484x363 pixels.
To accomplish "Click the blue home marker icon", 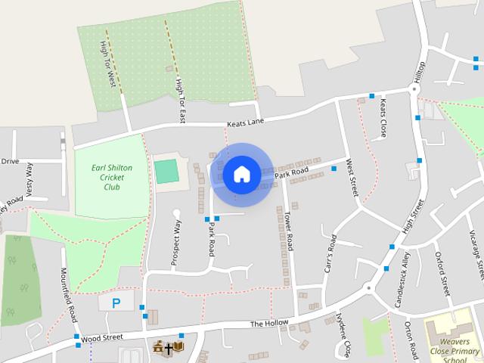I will [241, 174].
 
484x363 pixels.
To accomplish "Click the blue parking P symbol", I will [116, 303].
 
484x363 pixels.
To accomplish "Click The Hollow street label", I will [269, 324].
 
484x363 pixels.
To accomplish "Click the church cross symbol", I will [168, 349].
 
